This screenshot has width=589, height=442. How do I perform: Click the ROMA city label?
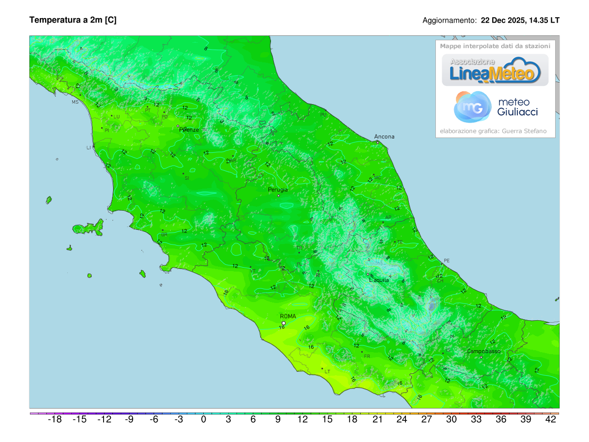tap(288, 316)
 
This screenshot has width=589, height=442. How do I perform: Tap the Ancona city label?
tap(384, 137)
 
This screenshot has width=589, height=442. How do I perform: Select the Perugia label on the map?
tap(278, 190)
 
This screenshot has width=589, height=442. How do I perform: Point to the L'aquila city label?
tap(379, 280)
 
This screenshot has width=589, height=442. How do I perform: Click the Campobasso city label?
tap(483, 351)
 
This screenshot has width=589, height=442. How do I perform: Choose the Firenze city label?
tap(189, 130)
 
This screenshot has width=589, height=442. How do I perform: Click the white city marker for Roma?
tap(284, 323)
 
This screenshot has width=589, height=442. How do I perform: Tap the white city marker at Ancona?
tap(377, 142)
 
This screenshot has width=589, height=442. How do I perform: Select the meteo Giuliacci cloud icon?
tap(472, 107)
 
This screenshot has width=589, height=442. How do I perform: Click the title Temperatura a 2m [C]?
tap(73, 20)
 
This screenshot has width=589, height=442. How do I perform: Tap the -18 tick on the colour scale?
tap(54, 419)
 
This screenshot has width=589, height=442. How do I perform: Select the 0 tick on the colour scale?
tap(204, 419)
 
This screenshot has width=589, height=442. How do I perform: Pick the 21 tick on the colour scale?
tap(377, 419)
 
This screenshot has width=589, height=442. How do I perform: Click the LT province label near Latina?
tap(327, 372)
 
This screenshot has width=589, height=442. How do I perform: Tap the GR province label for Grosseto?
tap(164, 235)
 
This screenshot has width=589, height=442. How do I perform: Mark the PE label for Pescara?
tap(446, 260)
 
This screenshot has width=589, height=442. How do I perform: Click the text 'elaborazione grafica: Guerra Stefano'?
tap(493, 131)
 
